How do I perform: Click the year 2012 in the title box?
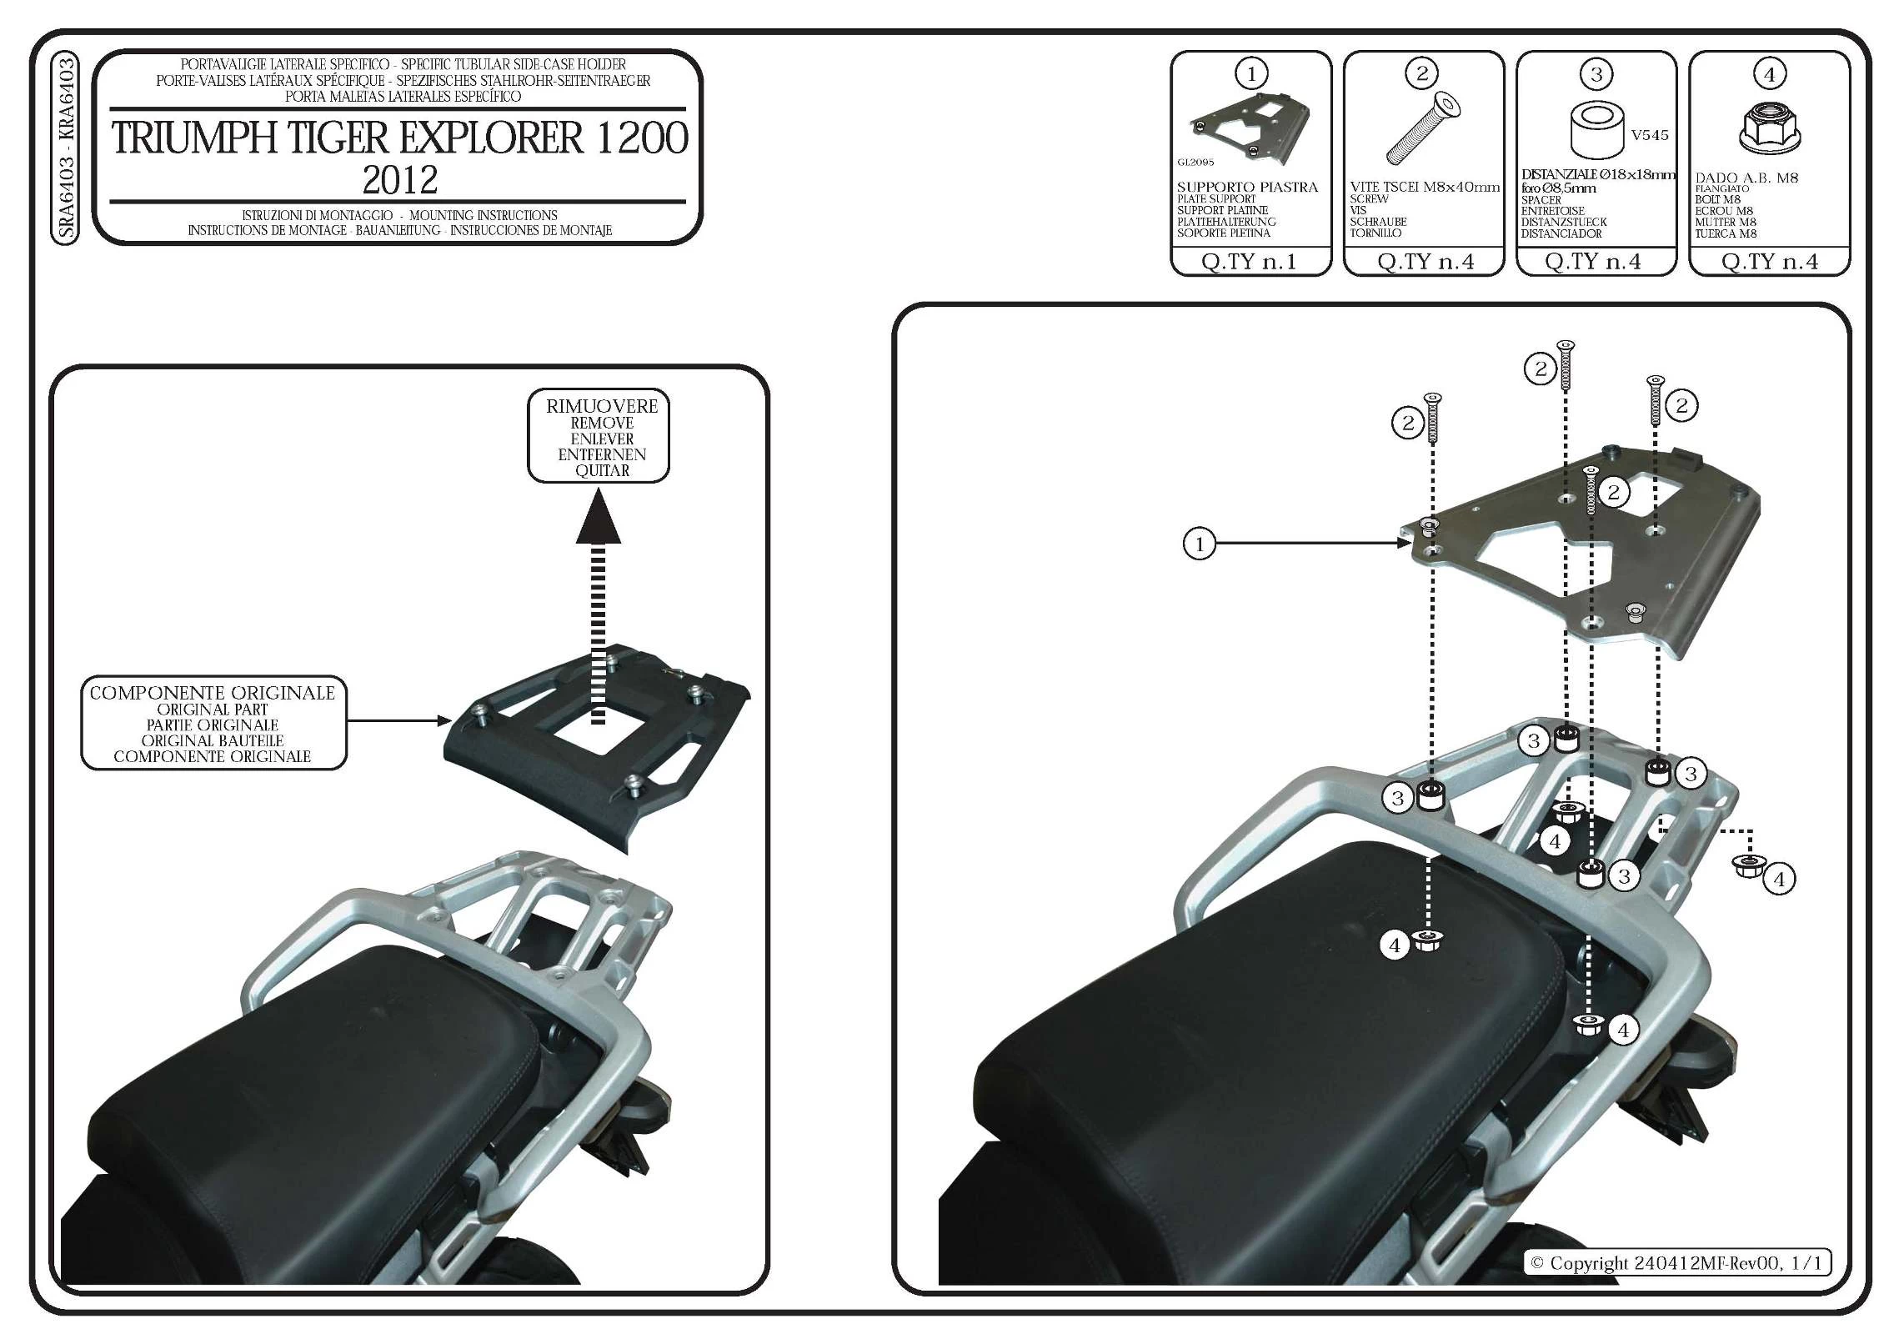pyautogui.click(x=399, y=180)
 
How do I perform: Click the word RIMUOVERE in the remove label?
pyautogui.click(x=602, y=407)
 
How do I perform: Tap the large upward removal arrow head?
pyautogui.click(x=598, y=519)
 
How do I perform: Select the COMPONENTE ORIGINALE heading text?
pyautogui.click(x=212, y=693)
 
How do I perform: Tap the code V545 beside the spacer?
pyautogui.click(x=1649, y=135)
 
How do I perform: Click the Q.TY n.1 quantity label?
pyautogui.click(x=1249, y=262)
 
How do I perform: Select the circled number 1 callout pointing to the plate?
pyautogui.click(x=1199, y=544)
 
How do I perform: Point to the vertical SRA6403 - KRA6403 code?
pyautogui.click(x=66, y=148)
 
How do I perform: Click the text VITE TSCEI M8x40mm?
pyautogui.click(x=1424, y=188)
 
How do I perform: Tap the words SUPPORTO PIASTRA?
pyautogui.click(x=1247, y=188)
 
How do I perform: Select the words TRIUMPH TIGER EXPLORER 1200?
pyautogui.click(x=399, y=138)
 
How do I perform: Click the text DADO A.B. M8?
pyautogui.click(x=1746, y=178)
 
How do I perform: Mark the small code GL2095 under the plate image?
pyautogui.click(x=1195, y=163)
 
